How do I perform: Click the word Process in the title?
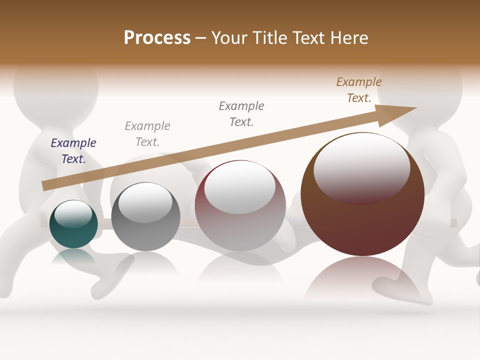(x=157, y=38)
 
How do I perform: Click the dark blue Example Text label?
(x=73, y=151)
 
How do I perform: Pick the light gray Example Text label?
(x=147, y=134)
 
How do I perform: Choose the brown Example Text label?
(x=359, y=90)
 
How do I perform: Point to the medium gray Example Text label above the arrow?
(x=241, y=114)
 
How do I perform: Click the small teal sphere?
(x=73, y=235)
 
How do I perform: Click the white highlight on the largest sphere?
(x=361, y=167)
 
